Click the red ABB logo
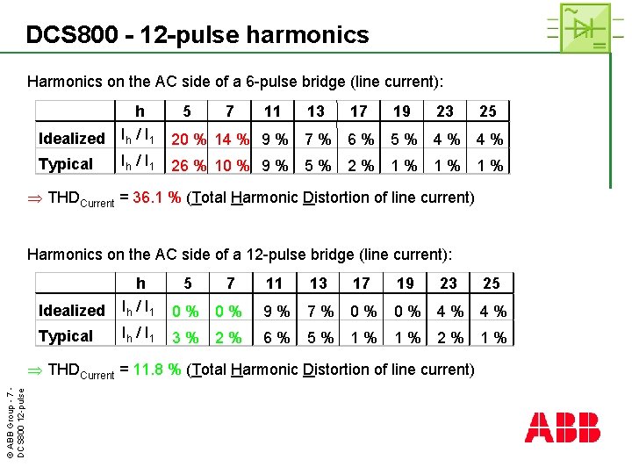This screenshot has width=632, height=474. [x=563, y=427]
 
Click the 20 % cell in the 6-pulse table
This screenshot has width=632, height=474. [x=189, y=139]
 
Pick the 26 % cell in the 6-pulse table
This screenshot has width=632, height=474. [x=189, y=165]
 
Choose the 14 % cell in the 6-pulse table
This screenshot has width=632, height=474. [x=232, y=139]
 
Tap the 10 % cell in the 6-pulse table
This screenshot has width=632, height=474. [x=232, y=165]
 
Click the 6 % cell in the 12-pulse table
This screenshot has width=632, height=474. [x=277, y=337]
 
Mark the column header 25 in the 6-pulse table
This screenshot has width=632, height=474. [x=488, y=111]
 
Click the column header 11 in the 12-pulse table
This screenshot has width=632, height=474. [x=274, y=284]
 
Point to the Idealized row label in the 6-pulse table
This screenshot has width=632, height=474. [x=71, y=139]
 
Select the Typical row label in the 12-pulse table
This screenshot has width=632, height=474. [x=65, y=336]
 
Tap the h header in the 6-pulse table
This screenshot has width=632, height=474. [x=140, y=111]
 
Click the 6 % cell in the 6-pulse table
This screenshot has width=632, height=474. [x=361, y=139]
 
